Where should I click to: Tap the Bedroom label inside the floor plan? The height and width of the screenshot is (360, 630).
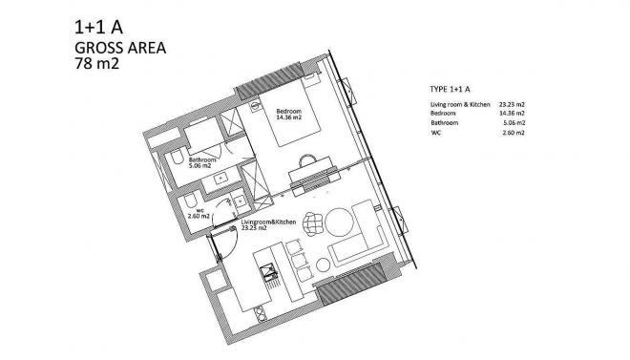[288, 111]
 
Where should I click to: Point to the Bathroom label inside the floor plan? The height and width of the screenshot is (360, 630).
[203, 159]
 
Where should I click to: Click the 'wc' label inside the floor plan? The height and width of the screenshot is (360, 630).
[201, 212]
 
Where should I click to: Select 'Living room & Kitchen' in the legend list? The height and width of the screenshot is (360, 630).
[459, 103]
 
